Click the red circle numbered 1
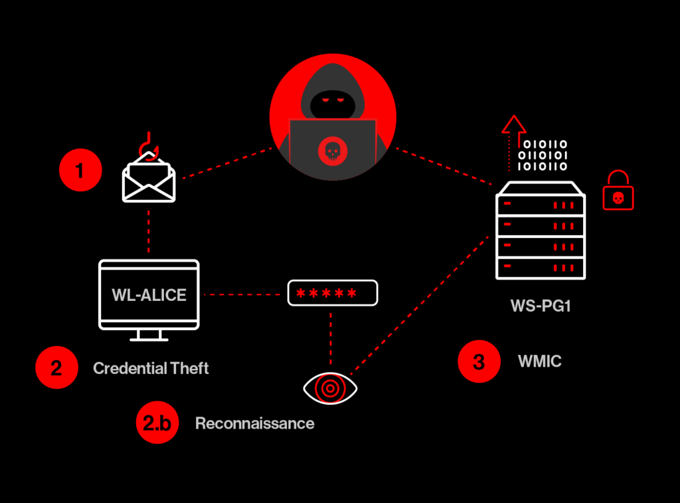point(80,171)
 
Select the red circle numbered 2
point(56,367)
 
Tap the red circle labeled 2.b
point(157,423)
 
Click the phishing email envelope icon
point(149,181)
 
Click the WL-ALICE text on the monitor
point(149,295)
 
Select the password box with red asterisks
point(332,293)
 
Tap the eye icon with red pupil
point(330,388)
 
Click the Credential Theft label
point(151,368)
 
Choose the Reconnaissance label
point(254,423)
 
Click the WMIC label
point(539,362)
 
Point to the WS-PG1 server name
point(539,307)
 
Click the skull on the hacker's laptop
point(332,152)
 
